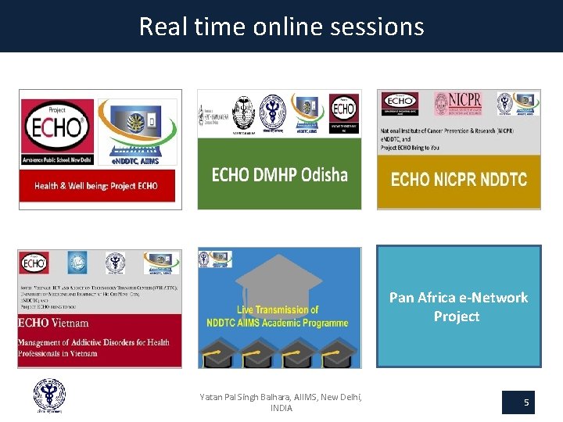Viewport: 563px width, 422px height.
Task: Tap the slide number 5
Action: (x=526, y=402)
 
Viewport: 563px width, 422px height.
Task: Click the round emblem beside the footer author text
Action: (x=49, y=395)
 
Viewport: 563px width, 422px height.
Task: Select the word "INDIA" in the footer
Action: (x=281, y=409)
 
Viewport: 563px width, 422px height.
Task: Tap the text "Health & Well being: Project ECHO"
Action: (x=96, y=186)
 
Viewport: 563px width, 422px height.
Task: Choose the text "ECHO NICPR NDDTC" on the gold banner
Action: (x=458, y=180)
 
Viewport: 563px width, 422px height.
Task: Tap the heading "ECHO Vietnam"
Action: (x=55, y=323)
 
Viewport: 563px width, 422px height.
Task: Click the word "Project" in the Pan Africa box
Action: (x=457, y=316)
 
